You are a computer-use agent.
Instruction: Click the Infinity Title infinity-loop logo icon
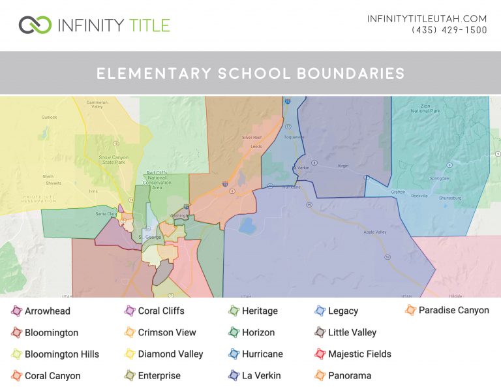click(x=35, y=25)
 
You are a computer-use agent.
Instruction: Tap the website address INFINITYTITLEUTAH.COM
click(x=427, y=18)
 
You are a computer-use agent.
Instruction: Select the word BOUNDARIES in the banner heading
click(x=350, y=73)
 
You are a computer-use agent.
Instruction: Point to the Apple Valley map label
click(x=375, y=232)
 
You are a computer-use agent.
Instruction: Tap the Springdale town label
click(x=440, y=178)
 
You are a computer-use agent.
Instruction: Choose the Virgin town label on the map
click(x=343, y=166)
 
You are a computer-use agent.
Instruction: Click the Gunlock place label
click(x=50, y=117)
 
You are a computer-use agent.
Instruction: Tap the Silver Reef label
click(x=251, y=138)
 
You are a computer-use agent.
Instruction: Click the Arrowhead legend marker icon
click(x=17, y=311)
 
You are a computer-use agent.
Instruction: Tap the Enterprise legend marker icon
click(x=130, y=376)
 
